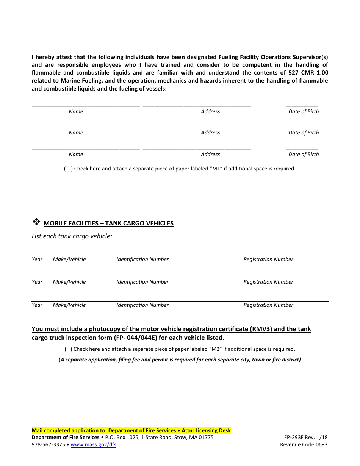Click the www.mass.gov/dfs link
pos(93,444)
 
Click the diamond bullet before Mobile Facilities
pos(36,221)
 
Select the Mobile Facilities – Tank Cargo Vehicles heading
pos(108,223)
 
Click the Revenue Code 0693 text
pos(304,444)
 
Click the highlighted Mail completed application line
pos(131,430)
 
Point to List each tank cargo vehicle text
pos(72,236)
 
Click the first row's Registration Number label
pos(268,259)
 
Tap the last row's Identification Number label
pos(142,305)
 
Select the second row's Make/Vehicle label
pos(69,282)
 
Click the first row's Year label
pos(37,259)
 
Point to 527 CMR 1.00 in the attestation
pos(307,73)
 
